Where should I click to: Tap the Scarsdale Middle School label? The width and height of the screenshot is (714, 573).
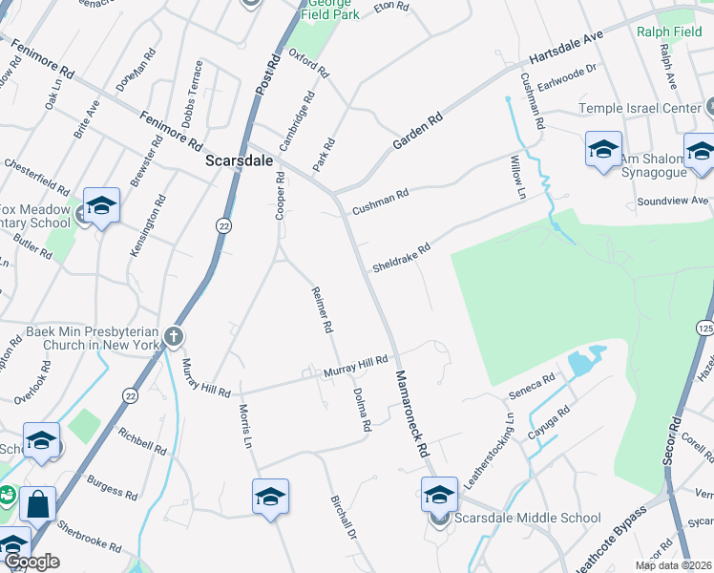pos(528,519)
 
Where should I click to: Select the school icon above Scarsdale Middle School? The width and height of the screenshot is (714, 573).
pos(439,495)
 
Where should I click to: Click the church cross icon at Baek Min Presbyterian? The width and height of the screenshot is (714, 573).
pos(173,336)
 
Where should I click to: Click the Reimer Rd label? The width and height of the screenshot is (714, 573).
pos(322,309)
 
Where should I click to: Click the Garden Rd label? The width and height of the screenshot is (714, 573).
pos(418,132)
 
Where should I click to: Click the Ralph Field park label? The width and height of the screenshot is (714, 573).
pos(668,32)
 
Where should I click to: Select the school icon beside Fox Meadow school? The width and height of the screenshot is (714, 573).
pos(101,205)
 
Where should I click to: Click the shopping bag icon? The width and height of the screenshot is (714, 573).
pos(37,504)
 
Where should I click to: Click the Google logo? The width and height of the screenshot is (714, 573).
pos(31,562)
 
